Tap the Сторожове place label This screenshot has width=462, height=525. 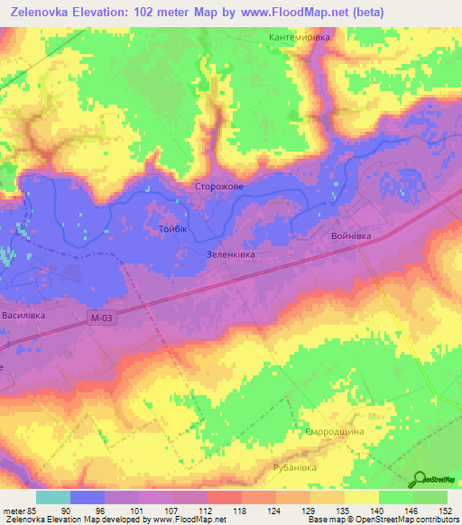pyautogui.click(x=219, y=187)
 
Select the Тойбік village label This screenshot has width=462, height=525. pyautogui.click(x=172, y=230)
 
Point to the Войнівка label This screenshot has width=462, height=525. pyautogui.click(x=352, y=235)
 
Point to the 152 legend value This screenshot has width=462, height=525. pyautogui.click(x=447, y=511)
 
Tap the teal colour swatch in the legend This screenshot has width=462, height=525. pyautogui.click(x=53, y=498)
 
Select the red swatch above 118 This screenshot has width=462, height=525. pyautogui.click(x=224, y=498)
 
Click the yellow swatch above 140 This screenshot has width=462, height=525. pyautogui.click(x=361, y=498)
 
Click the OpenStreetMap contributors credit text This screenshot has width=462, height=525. pyautogui.click(x=406, y=520)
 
